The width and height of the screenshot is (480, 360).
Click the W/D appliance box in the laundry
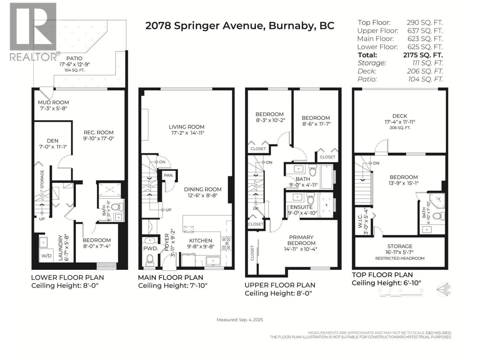tap(46, 256)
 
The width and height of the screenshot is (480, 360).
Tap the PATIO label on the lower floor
tap(74, 58)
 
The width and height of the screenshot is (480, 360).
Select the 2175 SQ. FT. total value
tap(423, 55)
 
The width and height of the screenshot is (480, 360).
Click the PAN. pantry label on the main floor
tap(169, 175)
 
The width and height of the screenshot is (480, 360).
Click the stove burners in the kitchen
tap(226, 243)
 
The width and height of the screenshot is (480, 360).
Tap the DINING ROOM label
tap(202, 189)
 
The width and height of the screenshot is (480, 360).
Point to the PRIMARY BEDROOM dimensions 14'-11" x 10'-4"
tap(301, 249)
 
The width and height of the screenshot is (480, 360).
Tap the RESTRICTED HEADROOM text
tap(400, 258)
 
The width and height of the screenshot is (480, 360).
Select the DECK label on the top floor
tap(400, 116)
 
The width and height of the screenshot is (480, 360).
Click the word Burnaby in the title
tap(291, 25)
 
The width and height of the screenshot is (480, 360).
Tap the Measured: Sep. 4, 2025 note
tap(240, 320)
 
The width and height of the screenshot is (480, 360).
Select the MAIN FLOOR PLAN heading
tap(170, 277)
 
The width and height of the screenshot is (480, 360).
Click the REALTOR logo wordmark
tap(34, 57)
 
